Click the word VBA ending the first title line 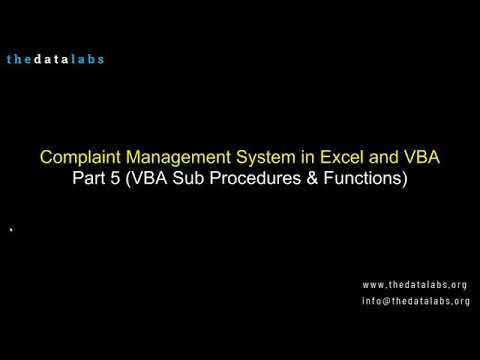tap(419, 159)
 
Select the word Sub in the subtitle tap(204, 181)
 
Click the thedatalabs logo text tap(55, 59)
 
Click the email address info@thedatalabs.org tap(416, 301)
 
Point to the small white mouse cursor tap(11, 230)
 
